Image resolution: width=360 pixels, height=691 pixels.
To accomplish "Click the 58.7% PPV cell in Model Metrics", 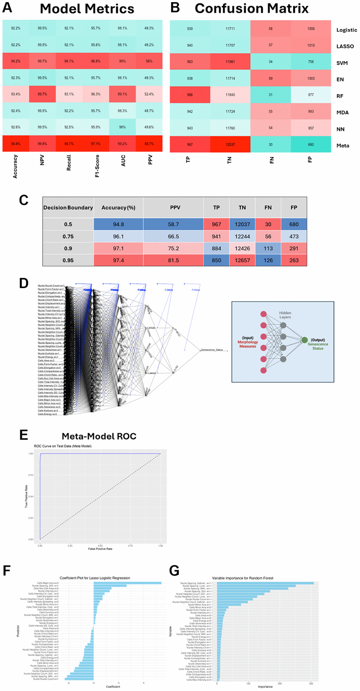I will [x=149, y=144].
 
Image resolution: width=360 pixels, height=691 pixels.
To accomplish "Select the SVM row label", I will [x=342, y=63].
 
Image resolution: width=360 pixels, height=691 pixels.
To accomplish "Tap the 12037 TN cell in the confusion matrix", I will [x=230, y=144].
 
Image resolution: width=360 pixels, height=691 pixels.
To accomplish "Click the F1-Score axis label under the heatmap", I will [x=97, y=166].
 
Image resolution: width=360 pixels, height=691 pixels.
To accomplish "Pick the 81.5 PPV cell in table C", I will [x=173, y=260].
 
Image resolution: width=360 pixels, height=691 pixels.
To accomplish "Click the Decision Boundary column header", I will [x=68, y=208].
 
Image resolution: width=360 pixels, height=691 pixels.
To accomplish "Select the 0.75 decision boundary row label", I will [x=68, y=237].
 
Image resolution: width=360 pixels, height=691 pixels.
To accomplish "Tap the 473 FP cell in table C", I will [x=294, y=237].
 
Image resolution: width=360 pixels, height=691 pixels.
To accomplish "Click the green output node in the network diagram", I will [x=304, y=340].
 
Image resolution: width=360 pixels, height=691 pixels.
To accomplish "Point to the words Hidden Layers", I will [x=285, y=315].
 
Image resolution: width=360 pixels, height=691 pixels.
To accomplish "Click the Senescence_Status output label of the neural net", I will [x=212, y=350].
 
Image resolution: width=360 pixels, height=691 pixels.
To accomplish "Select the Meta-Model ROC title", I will [x=99, y=436].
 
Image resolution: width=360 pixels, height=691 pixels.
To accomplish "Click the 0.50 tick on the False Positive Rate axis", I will [x=100, y=546].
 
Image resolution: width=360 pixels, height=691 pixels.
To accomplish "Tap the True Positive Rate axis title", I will [x=26, y=496].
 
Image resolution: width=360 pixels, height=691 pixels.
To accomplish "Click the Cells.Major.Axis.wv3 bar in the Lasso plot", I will [x=127, y=583].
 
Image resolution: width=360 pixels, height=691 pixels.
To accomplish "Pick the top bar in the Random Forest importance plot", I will [x=265, y=583].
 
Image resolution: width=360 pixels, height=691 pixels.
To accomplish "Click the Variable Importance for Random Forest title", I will [x=242, y=578].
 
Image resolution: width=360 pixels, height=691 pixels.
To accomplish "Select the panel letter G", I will [x=174, y=571].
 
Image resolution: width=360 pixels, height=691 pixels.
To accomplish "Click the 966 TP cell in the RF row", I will [x=190, y=95].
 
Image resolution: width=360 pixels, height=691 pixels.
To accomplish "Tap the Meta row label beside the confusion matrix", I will [x=342, y=145].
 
